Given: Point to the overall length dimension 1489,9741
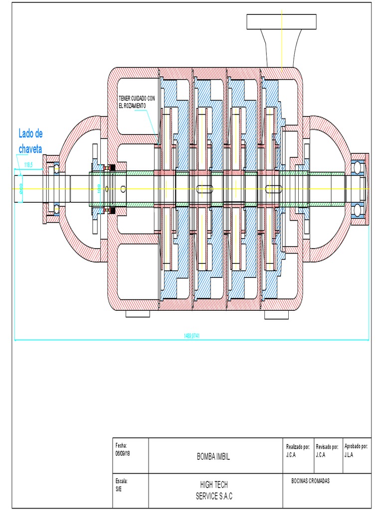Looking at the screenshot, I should coord(192,336).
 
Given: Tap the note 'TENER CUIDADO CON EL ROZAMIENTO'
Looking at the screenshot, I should coord(137,103).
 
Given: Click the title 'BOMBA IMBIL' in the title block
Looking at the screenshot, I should coord(213,456).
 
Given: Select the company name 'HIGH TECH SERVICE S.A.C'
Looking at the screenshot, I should coord(213,491).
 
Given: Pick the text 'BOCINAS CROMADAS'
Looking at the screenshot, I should coord(310,481).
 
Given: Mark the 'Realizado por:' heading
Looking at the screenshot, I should coord(298,447).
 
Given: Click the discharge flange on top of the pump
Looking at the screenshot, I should coord(282,21).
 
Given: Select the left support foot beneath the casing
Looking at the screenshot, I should coord(138,314).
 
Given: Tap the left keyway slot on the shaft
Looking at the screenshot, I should coord(204,189).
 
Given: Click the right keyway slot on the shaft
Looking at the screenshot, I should coord(274,189).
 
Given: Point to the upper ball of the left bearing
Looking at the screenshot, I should coord(57,168).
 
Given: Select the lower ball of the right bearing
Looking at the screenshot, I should coord(358,211).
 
